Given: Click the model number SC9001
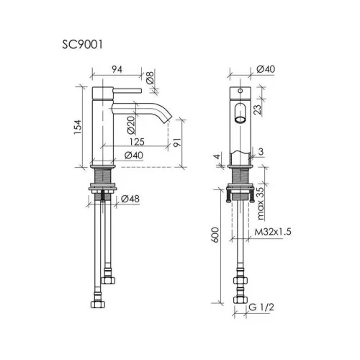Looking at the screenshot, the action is [x=82, y=45].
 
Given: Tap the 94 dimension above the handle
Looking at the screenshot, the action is [x=117, y=69].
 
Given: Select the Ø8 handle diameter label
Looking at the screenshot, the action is [x=150, y=77].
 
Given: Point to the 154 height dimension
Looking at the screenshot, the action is [x=78, y=127].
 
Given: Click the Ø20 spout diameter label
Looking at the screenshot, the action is [x=131, y=125].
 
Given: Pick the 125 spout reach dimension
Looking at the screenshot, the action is [x=137, y=142].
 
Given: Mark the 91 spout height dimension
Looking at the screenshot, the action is [x=177, y=143].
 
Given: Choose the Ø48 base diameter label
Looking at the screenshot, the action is [x=130, y=199].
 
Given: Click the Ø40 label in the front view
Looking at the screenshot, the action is [x=266, y=69].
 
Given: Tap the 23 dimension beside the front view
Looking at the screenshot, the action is [x=258, y=109].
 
